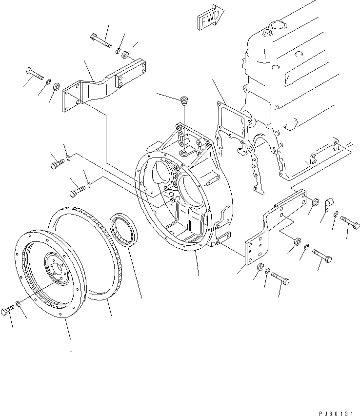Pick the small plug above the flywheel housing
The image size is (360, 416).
(184, 101)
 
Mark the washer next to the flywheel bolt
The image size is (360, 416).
(18, 304)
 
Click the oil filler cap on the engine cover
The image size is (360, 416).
(267, 33)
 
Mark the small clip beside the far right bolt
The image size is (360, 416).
(328, 202)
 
